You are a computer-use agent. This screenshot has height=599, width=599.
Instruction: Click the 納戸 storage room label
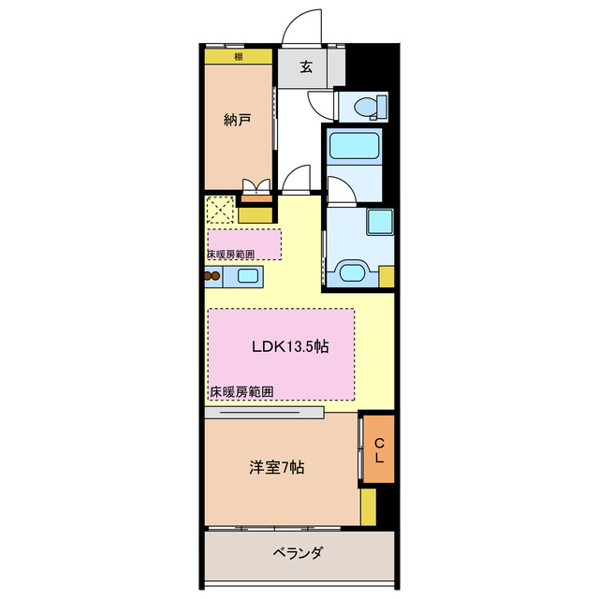pos(237,120)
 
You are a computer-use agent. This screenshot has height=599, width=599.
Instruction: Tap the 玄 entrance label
pos(306,67)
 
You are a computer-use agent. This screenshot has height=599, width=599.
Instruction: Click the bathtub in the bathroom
pos(354,147)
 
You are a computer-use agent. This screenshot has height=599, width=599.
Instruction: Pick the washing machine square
pos(380,223)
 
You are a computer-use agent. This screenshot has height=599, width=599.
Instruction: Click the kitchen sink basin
pos(248,276)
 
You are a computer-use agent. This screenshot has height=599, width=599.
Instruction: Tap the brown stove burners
pos(212,276)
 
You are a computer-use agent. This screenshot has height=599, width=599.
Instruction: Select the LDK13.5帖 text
pos(290,346)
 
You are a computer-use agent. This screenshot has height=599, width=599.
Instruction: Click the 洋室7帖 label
pos(276,467)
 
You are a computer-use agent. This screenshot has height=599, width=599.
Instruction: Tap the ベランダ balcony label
pos(299,552)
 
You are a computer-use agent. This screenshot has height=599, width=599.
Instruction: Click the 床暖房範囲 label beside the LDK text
pos(241,392)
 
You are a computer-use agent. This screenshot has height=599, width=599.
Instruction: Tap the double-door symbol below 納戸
pos(256,185)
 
